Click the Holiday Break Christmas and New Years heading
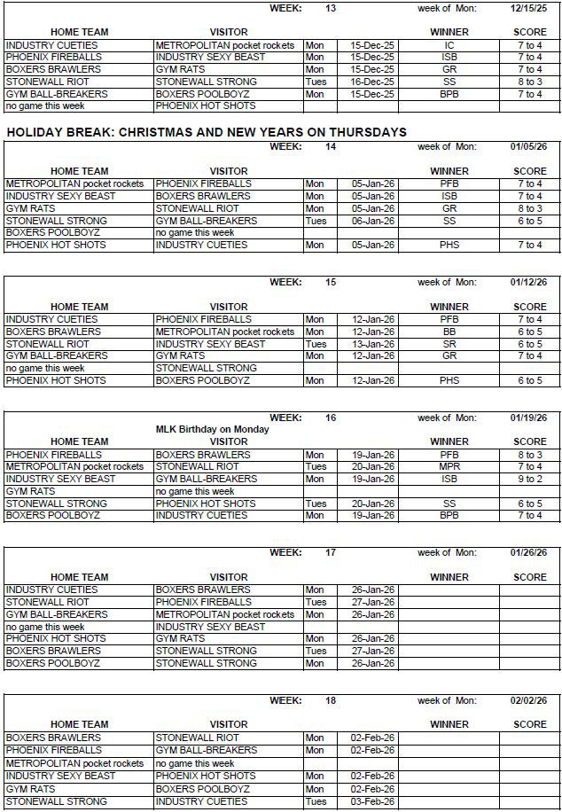click(206, 132)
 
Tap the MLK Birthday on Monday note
click(212, 429)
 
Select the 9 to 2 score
click(529, 479)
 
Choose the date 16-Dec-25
click(372, 82)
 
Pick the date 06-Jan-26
click(372, 221)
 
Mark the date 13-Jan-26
click(372, 344)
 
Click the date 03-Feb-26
click(372, 801)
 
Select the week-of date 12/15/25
click(528, 9)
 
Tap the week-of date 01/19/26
click(528, 418)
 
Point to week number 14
click(331, 147)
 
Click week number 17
click(331, 552)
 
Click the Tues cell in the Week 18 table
click(315, 801)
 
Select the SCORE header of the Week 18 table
click(530, 724)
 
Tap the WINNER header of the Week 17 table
click(449, 577)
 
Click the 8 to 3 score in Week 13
click(529, 82)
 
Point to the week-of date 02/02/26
click(528, 700)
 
